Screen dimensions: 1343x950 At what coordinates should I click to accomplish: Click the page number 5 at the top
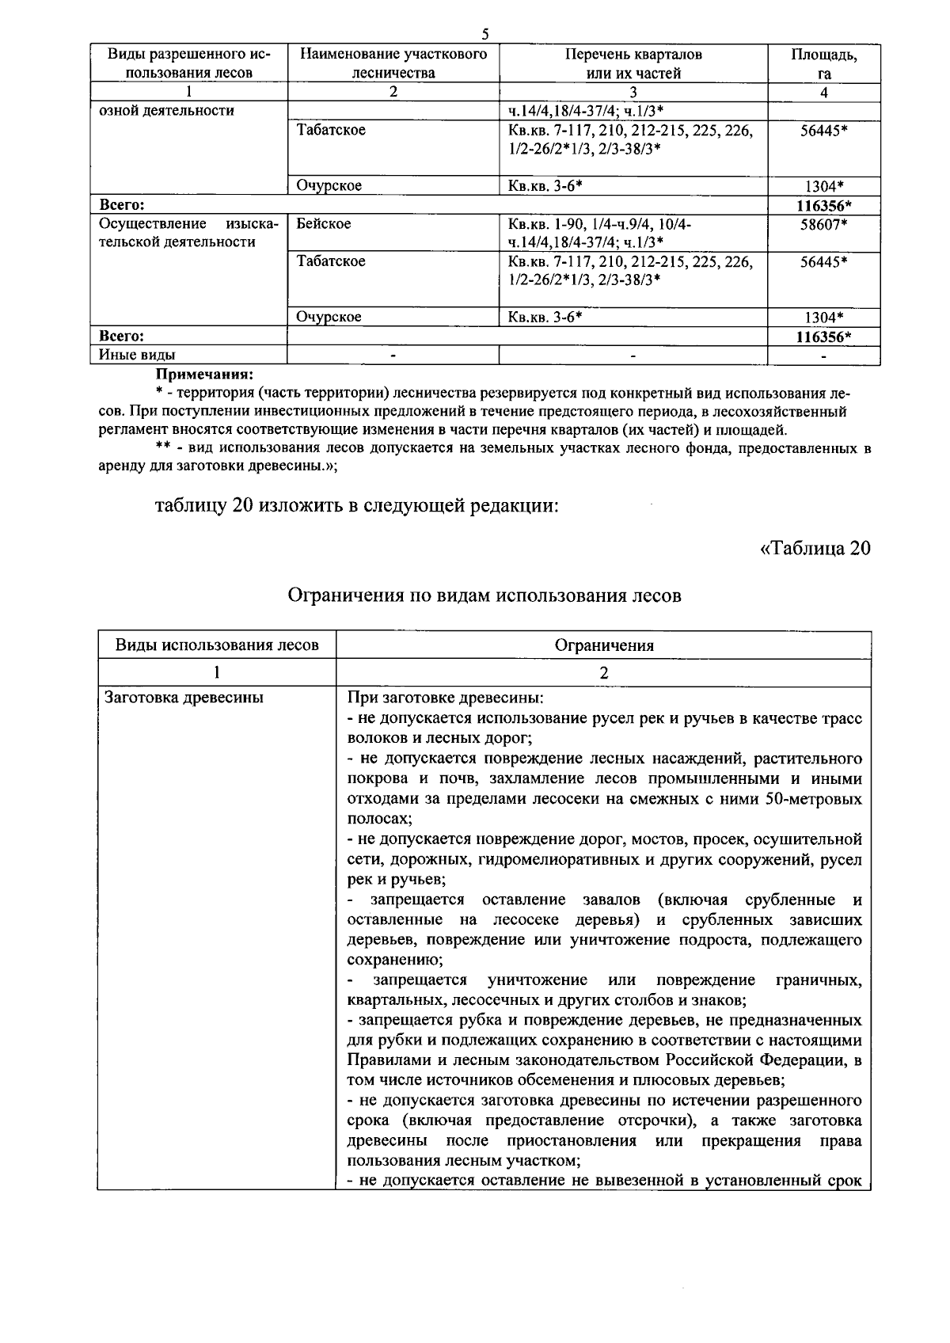485,34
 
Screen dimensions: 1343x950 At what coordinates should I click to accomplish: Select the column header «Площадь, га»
823,63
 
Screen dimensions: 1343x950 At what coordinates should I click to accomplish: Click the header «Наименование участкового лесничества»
393,63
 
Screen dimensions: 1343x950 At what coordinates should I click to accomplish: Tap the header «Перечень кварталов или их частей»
633,63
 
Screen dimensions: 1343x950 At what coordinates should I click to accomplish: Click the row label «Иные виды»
137,355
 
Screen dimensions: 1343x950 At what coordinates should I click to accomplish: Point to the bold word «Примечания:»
204,373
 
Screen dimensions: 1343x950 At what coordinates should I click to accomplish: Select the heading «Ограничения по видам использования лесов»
484,595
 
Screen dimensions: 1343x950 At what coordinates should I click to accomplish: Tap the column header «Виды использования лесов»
217,645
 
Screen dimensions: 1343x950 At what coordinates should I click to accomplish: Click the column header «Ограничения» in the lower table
604,645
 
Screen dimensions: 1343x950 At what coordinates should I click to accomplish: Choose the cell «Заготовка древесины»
184,698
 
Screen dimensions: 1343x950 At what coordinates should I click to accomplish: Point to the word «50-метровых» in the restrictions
814,799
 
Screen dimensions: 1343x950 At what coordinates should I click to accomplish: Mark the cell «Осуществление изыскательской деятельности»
188,233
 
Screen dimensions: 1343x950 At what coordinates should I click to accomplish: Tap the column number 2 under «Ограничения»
604,672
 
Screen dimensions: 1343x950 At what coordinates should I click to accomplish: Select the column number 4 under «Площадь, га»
823,92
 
